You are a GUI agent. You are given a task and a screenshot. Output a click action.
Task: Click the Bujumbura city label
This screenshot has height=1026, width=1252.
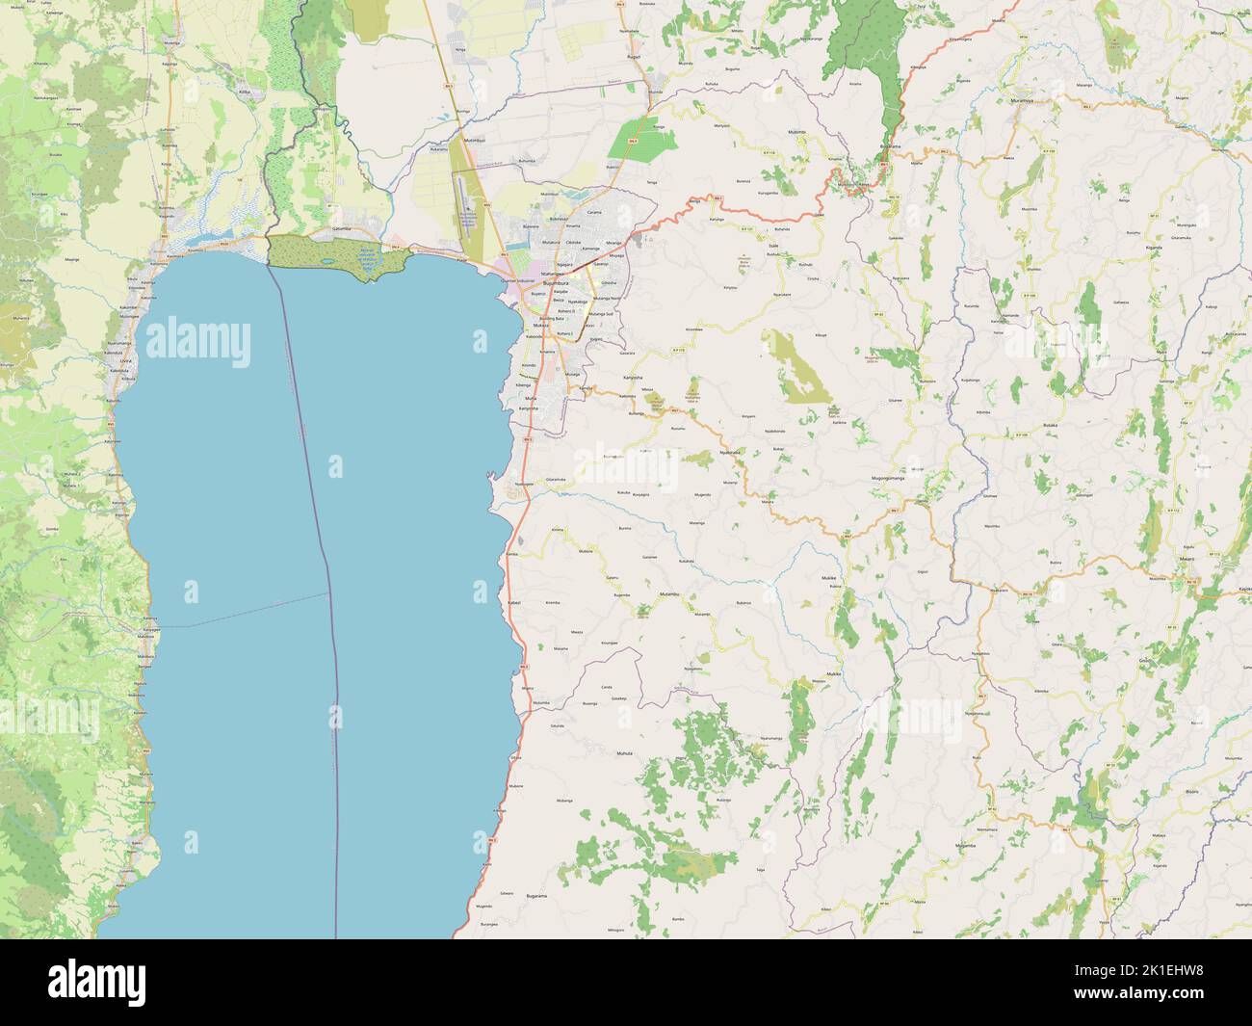556,284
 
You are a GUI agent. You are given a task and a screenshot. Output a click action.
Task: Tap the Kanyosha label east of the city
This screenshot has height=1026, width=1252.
633,377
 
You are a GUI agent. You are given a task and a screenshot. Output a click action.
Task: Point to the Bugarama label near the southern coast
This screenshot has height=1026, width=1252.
536,896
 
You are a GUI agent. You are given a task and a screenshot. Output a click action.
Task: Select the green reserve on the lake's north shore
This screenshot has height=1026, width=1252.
337,258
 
